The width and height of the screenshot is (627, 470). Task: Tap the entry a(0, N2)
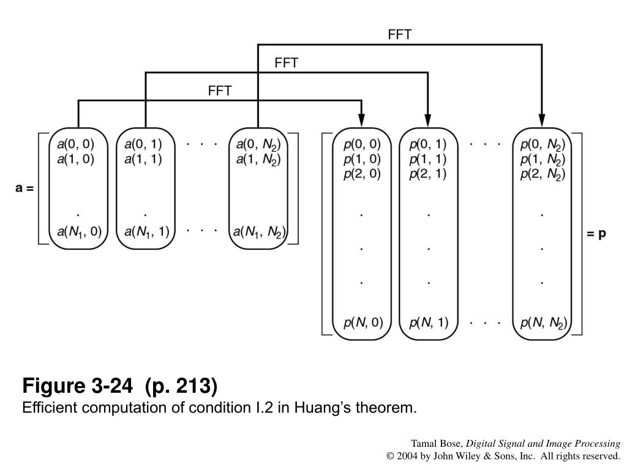258,146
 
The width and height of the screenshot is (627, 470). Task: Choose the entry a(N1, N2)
259,232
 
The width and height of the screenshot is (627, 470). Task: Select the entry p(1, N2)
543,160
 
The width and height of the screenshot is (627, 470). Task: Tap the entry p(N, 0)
362,323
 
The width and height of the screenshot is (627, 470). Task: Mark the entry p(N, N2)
543,323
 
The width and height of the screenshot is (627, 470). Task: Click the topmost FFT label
400,35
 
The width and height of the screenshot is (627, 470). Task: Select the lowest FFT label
220,91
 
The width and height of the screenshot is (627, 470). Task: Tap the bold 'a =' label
24,188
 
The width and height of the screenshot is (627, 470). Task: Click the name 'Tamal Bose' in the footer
437,444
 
